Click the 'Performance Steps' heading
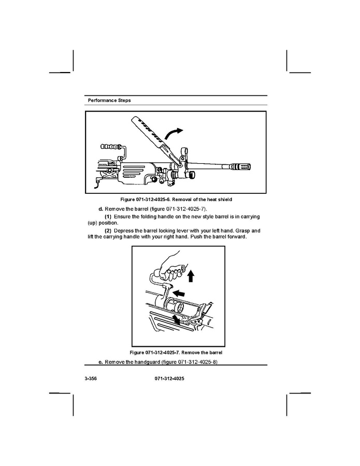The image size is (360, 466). pyautogui.click(x=109, y=101)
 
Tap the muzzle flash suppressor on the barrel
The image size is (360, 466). pyautogui.click(x=240, y=167)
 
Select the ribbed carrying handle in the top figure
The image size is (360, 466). pyautogui.click(x=111, y=147)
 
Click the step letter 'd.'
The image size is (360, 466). pyautogui.click(x=100, y=209)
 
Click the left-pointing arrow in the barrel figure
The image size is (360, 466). pyautogui.click(x=179, y=293)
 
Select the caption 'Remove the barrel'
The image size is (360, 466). pyautogui.click(x=201, y=352)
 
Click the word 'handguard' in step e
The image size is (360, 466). pyautogui.click(x=147, y=362)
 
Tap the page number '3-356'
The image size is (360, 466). pyautogui.click(x=91, y=378)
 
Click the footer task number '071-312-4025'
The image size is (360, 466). pyautogui.click(x=169, y=378)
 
